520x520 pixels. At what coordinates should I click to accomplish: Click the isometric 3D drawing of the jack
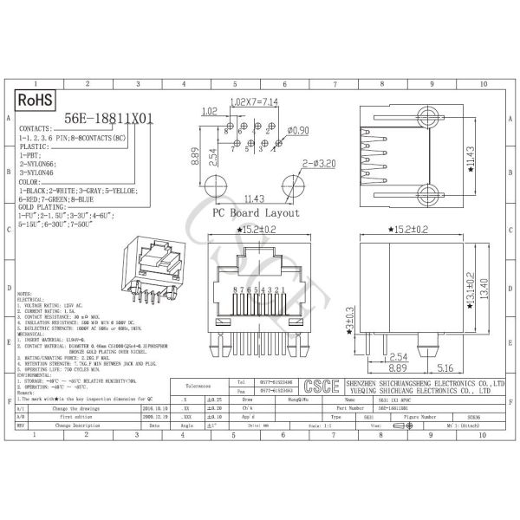pos(151,269)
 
